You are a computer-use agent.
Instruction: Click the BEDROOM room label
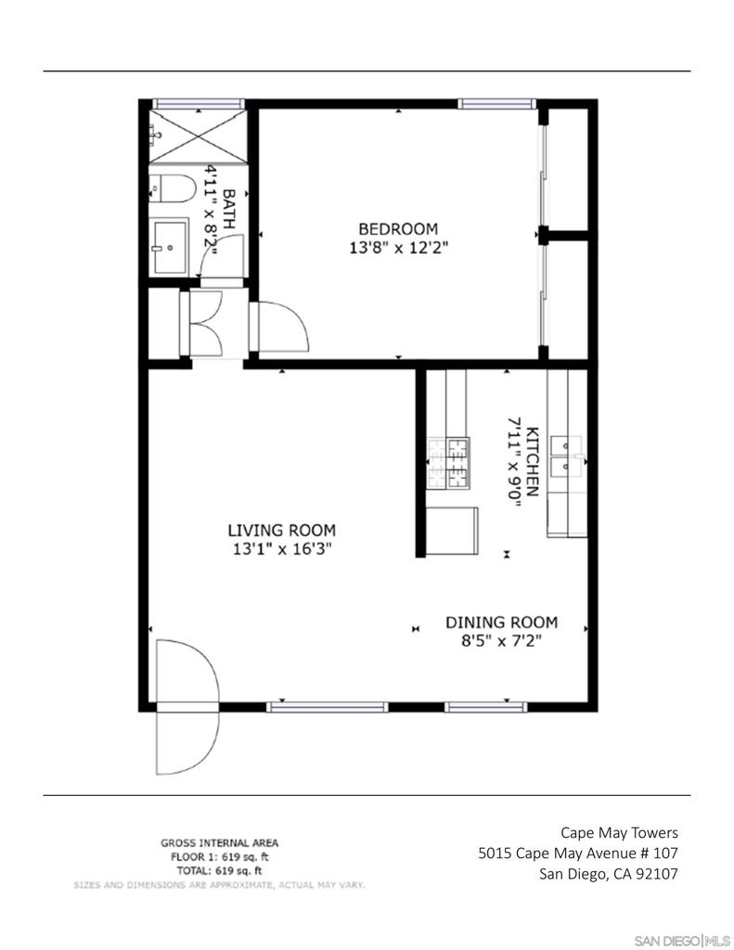coord(397,229)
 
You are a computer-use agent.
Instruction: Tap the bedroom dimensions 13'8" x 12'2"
coord(398,248)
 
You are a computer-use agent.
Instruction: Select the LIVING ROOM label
coord(282,530)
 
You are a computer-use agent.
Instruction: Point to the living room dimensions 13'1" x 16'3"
coord(282,549)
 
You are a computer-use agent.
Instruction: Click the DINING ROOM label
coord(502,623)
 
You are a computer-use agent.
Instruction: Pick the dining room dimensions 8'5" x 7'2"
coord(501,640)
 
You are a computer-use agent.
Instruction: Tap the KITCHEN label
coord(532,462)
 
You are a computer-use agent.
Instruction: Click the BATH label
coord(229,208)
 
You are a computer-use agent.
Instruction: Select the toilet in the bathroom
coord(173,188)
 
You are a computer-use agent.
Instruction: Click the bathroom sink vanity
coord(169,247)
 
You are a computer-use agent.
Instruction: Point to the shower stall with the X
coord(199,136)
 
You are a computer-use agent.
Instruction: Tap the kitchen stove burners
coord(448,463)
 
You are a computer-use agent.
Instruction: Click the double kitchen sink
coord(566,456)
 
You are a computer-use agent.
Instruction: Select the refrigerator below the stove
coord(452,531)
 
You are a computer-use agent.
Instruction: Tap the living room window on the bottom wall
coord(328,706)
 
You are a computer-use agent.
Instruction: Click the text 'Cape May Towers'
coord(619,833)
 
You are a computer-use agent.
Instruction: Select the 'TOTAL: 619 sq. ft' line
coord(219,870)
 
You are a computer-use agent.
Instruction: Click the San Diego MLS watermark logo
coord(682,940)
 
